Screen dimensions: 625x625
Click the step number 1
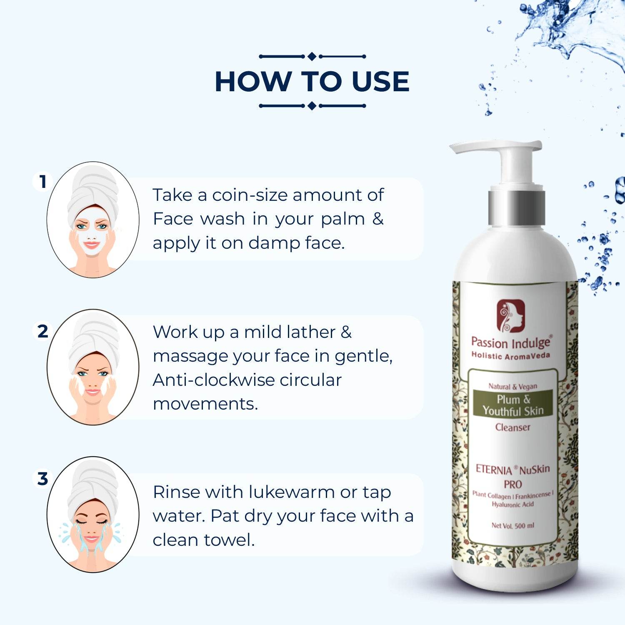click(x=42, y=182)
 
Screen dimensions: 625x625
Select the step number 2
click(x=43, y=331)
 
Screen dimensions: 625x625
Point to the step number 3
click(x=43, y=479)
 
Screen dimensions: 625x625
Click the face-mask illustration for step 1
click(x=93, y=220)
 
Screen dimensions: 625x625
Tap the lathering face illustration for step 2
click(x=93, y=367)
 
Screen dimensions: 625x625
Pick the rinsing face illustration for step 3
click(x=93, y=515)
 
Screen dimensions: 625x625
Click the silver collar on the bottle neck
click(x=517, y=208)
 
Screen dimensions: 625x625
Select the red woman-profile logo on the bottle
click(x=511, y=315)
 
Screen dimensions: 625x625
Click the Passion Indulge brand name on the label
click(x=511, y=342)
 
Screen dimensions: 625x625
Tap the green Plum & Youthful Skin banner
click(x=513, y=404)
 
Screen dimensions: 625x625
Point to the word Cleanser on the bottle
click(x=513, y=427)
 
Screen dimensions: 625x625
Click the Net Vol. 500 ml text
click(x=513, y=526)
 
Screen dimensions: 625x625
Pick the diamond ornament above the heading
click(x=312, y=56)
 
